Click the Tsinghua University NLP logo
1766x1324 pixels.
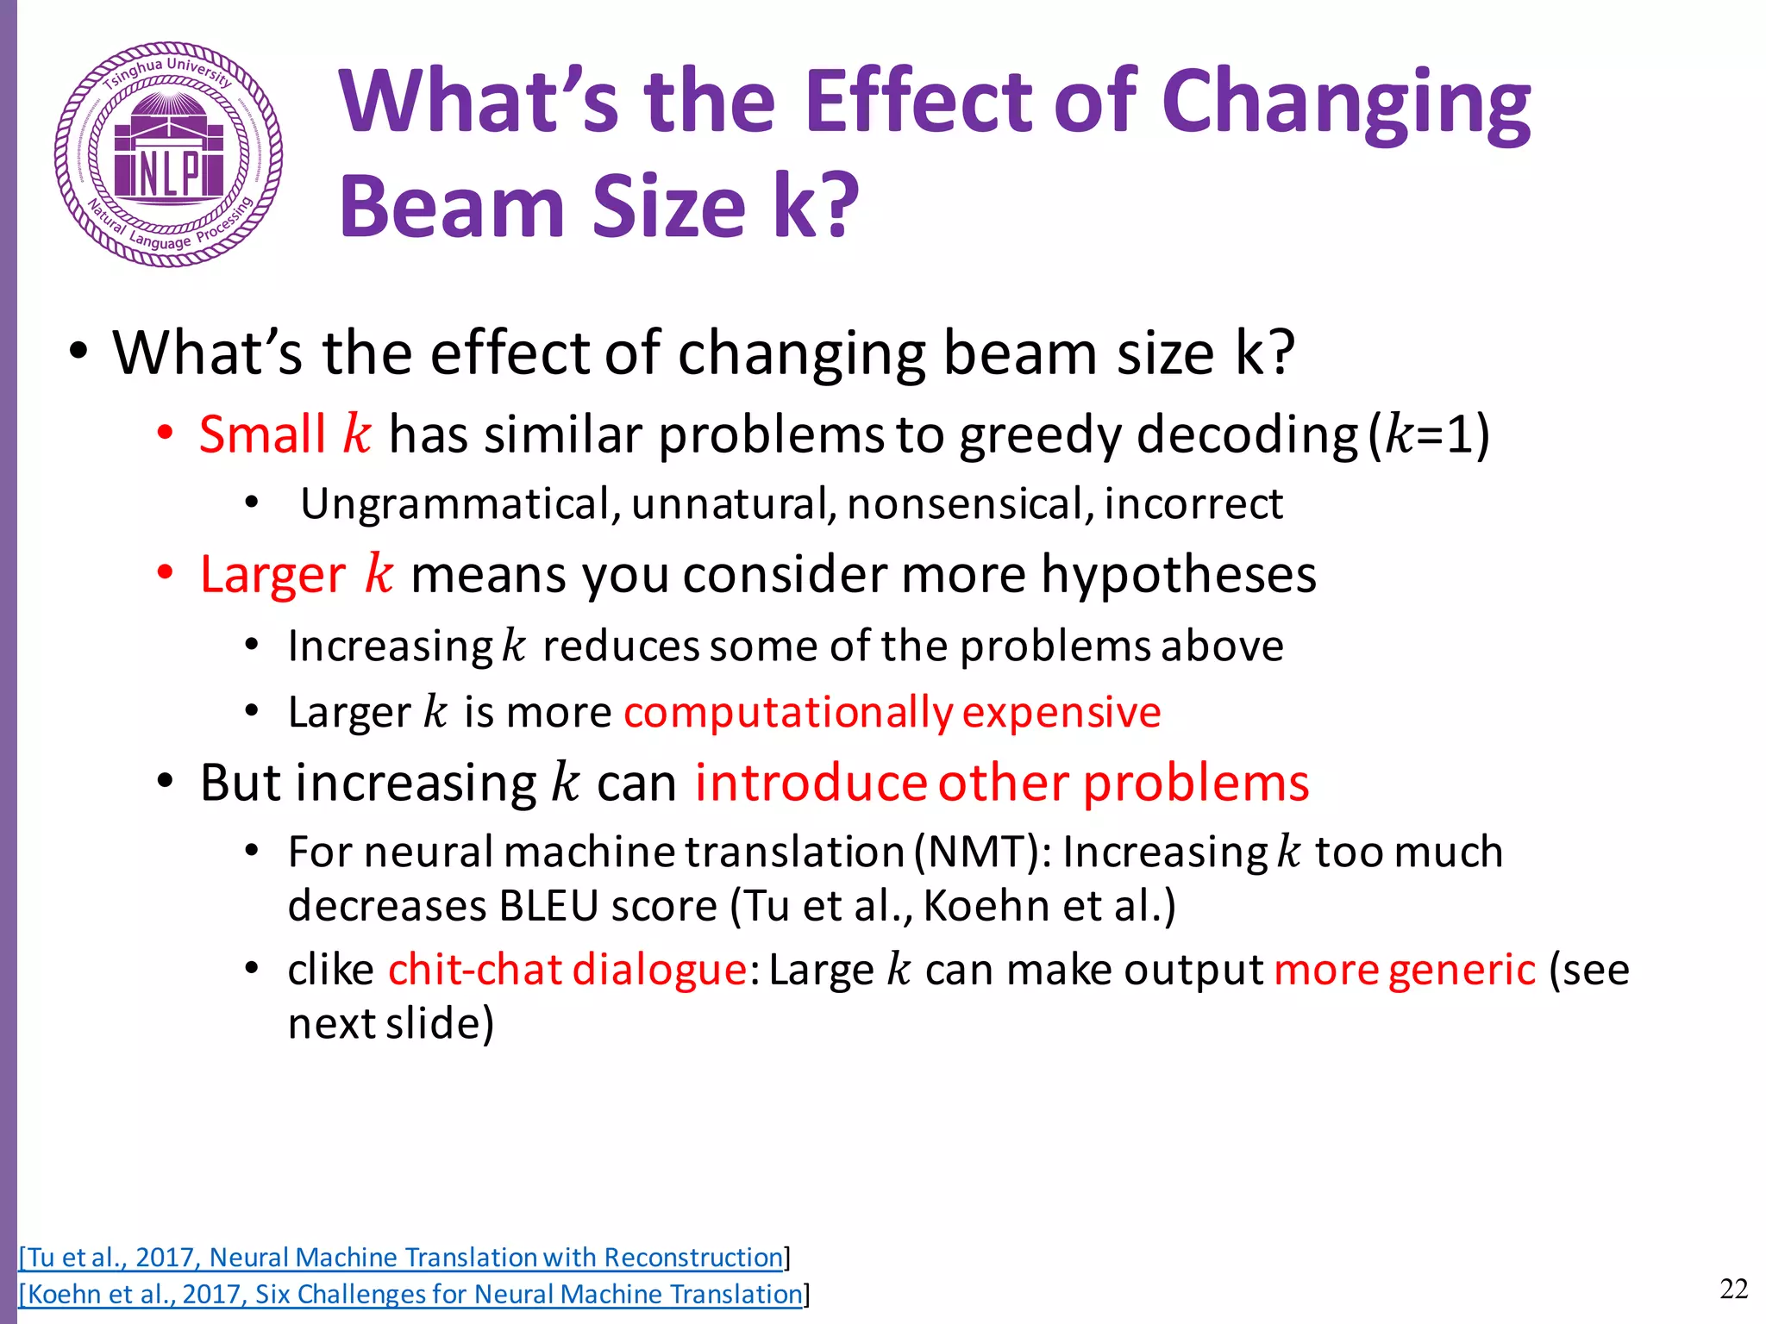pyautogui.click(x=168, y=154)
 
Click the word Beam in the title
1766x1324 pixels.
pyautogui.click(x=452, y=207)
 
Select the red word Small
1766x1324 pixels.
pyautogui.click(x=262, y=434)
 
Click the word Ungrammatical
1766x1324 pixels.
pyautogui.click(x=454, y=504)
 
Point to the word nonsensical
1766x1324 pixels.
pyautogui.click(x=964, y=504)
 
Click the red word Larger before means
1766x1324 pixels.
pyautogui.click(x=272, y=575)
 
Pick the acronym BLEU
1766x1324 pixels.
pyautogui.click(x=548, y=906)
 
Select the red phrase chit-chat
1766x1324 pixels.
pyautogui.click(x=475, y=970)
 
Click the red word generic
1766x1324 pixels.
pyautogui.click(x=1462, y=970)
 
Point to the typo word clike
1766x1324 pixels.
pyautogui.click(x=330, y=970)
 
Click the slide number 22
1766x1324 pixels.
pyautogui.click(x=1733, y=1290)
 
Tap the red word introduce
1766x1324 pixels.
pyautogui.click(x=811, y=784)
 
